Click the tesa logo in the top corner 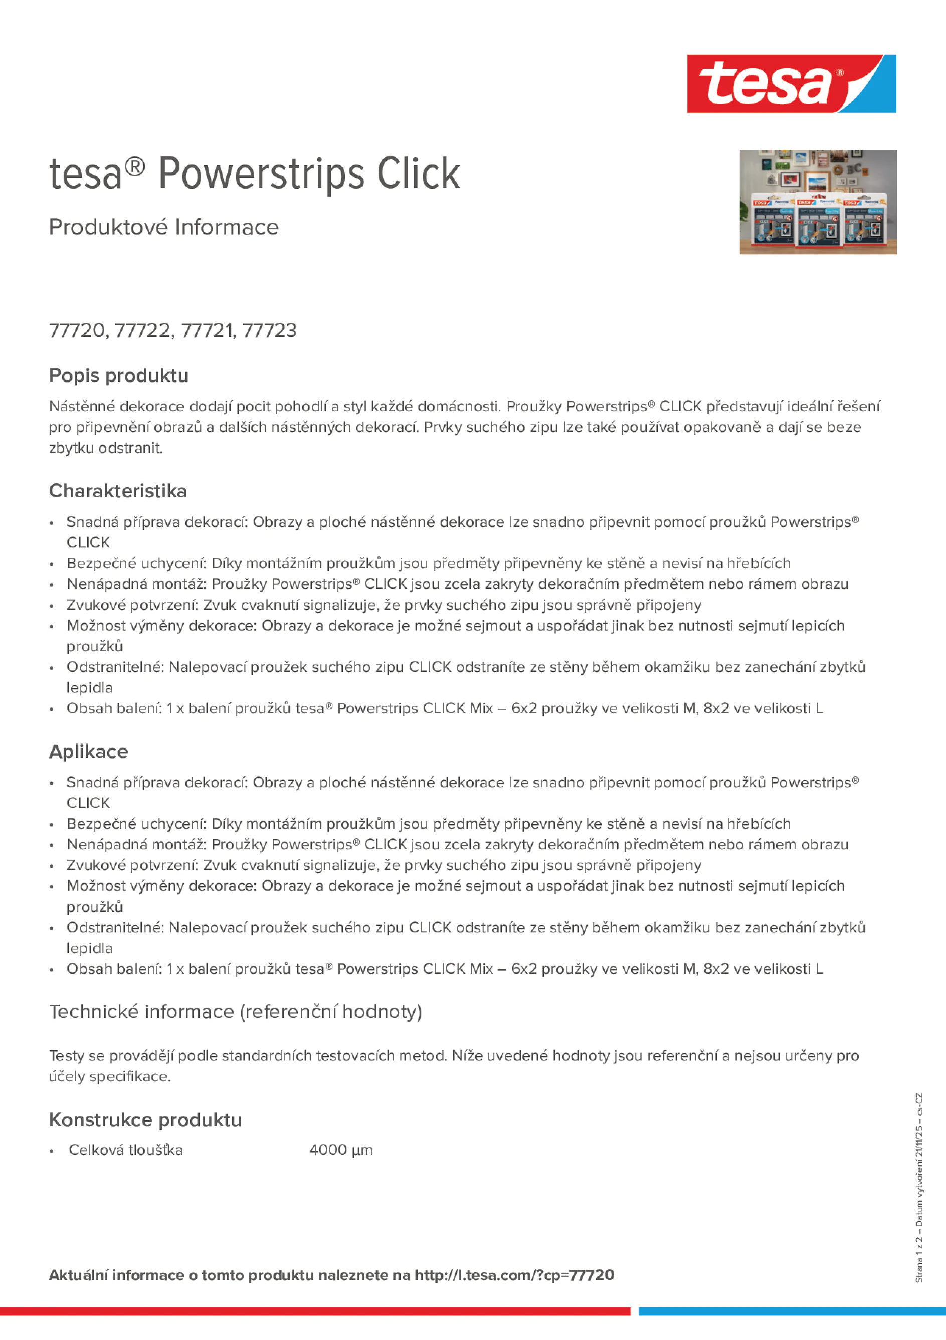[x=791, y=84]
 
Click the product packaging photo [x=818, y=202]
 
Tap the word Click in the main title [x=418, y=174]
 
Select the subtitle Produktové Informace [x=164, y=227]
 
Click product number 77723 [x=269, y=330]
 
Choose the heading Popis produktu [x=119, y=375]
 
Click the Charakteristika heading [x=118, y=491]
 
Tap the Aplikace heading [x=89, y=751]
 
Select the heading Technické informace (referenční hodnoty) [x=235, y=1011]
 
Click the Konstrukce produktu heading [x=145, y=1119]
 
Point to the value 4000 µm [x=341, y=1150]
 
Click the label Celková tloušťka [x=126, y=1150]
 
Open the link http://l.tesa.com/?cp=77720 [x=514, y=1275]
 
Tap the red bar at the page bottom [x=315, y=1311]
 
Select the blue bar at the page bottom [x=792, y=1311]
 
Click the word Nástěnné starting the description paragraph [x=82, y=406]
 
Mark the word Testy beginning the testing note [x=67, y=1055]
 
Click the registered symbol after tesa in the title [x=135, y=167]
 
